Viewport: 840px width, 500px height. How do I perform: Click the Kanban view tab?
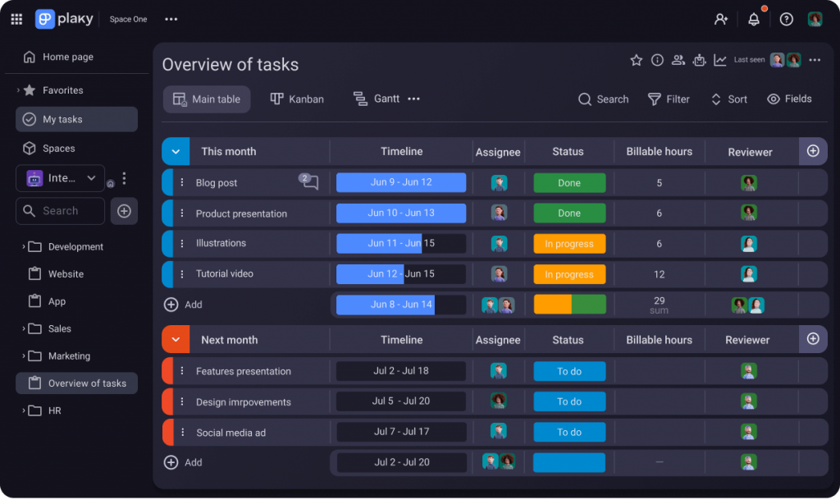point(297,99)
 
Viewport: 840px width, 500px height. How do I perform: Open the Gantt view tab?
point(377,99)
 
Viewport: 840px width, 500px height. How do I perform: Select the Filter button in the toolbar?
point(669,99)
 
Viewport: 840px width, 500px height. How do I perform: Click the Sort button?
point(728,99)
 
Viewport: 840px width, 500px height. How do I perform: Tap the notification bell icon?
point(754,20)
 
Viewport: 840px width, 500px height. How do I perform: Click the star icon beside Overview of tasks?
point(636,60)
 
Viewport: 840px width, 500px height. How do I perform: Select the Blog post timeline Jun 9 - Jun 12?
point(400,182)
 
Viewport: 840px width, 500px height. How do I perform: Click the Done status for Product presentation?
point(569,213)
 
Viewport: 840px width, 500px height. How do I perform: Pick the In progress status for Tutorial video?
point(569,274)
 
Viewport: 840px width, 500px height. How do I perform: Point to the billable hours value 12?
point(659,274)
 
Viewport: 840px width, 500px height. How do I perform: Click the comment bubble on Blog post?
point(309,182)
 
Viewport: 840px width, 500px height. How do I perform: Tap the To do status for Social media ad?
point(569,432)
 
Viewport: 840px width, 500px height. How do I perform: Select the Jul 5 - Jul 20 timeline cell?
point(400,401)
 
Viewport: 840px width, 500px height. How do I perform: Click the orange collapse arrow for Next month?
point(176,340)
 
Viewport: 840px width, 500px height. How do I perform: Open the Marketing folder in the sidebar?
point(69,356)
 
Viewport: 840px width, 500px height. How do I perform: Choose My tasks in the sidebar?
point(62,120)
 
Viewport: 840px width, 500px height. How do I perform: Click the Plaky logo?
point(63,19)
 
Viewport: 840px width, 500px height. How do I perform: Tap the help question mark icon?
point(786,20)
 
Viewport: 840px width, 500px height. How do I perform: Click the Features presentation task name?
point(243,371)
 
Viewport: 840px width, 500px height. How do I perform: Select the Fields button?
point(789,99)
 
